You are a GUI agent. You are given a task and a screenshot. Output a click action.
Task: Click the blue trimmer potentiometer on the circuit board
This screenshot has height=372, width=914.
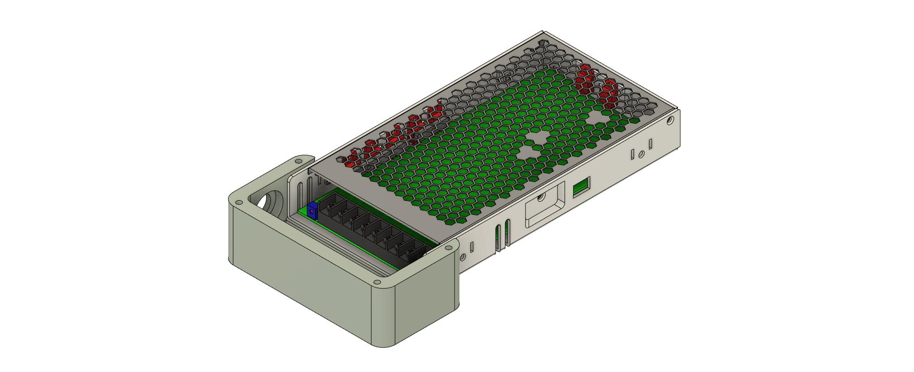312,210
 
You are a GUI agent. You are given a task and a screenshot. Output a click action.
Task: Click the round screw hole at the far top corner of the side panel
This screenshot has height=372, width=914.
670,121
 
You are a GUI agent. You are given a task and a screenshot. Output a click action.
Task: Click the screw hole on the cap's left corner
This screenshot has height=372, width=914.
237,202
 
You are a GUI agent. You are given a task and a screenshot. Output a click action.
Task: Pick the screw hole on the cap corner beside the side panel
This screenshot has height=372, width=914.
447,248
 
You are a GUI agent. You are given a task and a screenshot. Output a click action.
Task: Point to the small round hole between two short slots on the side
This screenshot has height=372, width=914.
641,154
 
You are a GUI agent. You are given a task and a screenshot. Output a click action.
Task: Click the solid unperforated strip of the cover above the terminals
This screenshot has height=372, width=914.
376,200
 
